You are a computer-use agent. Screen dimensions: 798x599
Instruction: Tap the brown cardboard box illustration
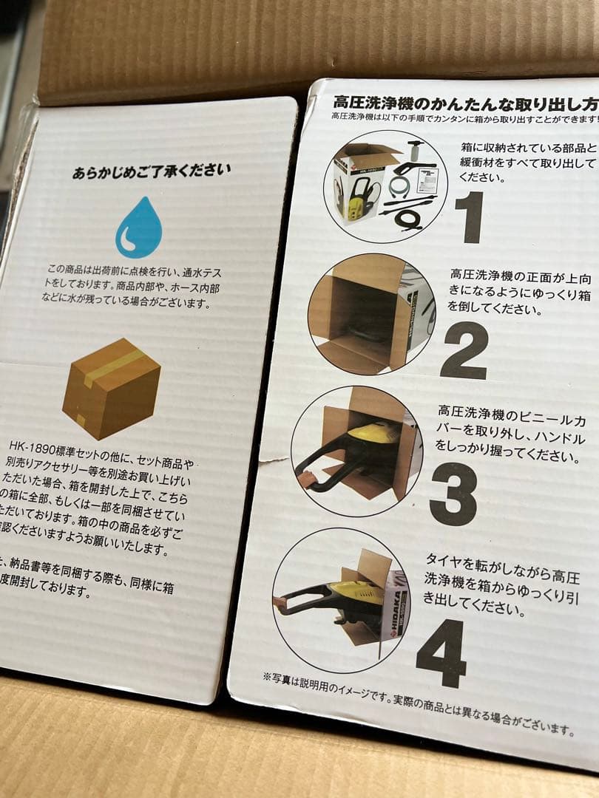(x=111, y=388)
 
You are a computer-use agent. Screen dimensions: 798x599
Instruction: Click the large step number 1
(x=469, y=217)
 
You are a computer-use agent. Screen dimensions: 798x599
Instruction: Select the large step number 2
(x=464, y=351)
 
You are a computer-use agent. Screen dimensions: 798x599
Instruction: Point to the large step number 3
(x=453, y=494)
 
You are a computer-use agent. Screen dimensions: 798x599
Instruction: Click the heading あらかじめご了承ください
(x=151, y=172)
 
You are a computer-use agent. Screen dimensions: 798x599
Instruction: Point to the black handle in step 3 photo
(x=325, y=465)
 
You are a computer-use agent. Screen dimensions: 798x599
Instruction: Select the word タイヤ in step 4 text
(x=444, y=560)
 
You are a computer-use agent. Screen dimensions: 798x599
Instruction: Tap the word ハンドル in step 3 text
(x=544, y=439)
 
